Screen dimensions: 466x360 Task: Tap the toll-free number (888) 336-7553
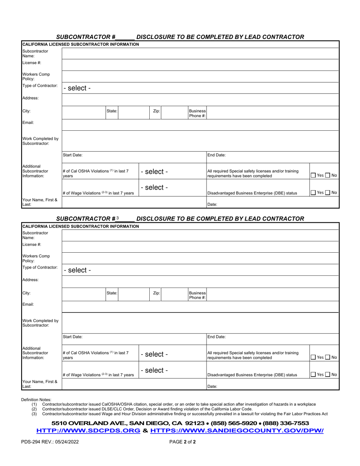coord(285,423)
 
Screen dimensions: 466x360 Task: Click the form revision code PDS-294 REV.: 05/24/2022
coord(50,441)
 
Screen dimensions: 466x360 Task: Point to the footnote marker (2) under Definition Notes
coord(34,409)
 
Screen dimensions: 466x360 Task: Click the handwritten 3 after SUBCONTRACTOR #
coord(118,218)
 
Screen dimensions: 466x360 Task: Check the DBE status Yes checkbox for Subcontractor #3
coord(313,375)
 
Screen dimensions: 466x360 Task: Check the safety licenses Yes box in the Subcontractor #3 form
coord(313,357)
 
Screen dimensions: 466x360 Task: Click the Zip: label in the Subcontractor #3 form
coord(156,293)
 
